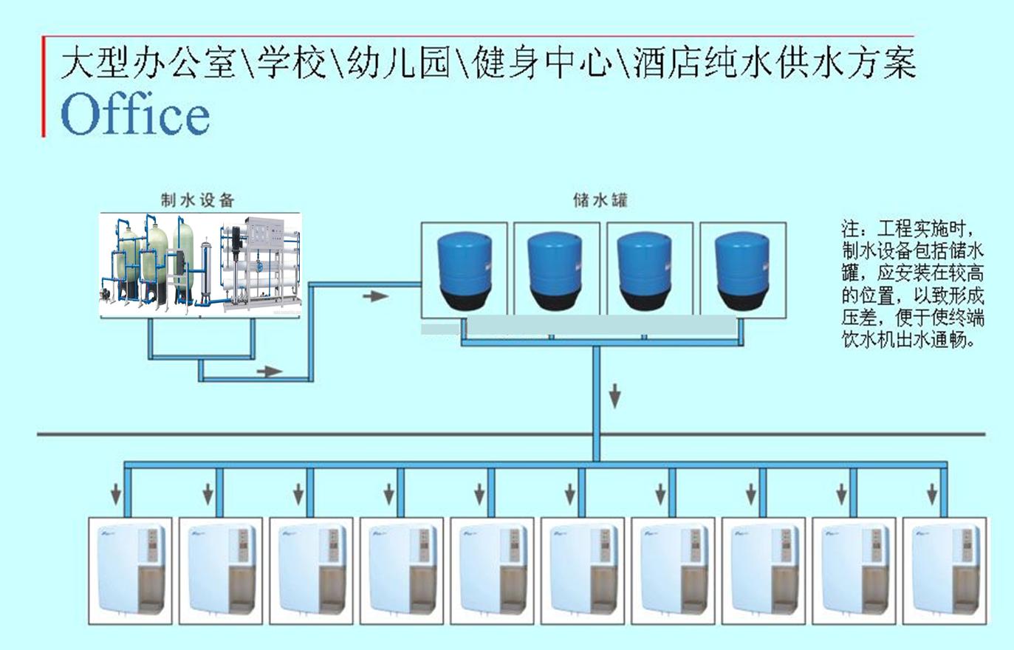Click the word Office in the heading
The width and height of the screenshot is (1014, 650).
tap(135, 114)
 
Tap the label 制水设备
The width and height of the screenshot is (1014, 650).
tap(197, 200)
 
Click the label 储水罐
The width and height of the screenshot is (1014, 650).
tap(600, 200)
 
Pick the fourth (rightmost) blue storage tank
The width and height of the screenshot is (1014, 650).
tap(742, 270)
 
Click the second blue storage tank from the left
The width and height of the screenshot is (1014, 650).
tap(556, 270)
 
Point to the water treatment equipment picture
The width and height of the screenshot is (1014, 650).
tap(201, 265)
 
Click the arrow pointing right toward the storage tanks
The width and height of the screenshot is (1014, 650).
tap(376, 296)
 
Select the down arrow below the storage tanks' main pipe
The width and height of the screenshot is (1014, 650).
tap(614, 396)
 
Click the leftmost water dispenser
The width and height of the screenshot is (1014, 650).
tap(130, 568)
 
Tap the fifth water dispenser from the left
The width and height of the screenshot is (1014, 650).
tap(493, 568)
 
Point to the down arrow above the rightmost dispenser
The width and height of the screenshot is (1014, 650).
tap(932, 492)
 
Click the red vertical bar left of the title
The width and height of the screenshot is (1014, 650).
tap(44, 87)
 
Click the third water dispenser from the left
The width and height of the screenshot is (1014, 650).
tap(311, 568)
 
